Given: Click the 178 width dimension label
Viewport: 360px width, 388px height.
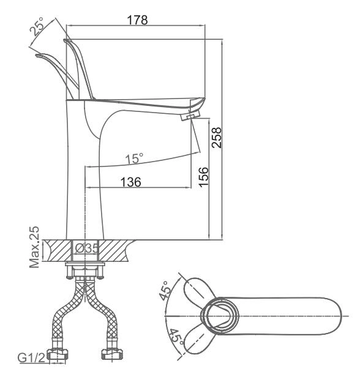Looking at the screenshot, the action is click(137, 20).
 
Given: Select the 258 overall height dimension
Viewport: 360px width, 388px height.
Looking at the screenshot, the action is click(216, 138).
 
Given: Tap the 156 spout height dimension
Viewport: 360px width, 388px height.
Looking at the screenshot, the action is click(203, 177).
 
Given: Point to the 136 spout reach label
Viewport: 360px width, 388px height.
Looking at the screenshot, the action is click(131, 182).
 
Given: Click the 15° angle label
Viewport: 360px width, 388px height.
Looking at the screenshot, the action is click(134, 159).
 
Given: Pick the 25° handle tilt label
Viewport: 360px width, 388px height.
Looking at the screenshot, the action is click(37, 26).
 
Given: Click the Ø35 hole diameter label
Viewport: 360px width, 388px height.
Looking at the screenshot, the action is click(87, 248).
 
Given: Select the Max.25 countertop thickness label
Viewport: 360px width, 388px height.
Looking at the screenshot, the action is click(34, 247).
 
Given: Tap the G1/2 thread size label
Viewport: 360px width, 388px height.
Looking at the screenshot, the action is click(31, 357).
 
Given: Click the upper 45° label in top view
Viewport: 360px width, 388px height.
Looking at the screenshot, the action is click(165, 290).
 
